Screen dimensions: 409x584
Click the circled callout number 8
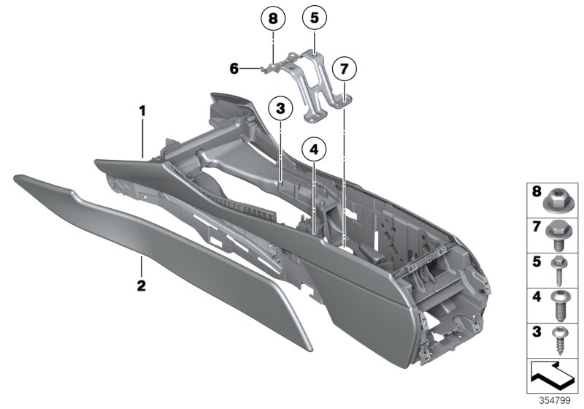pyautogui.click(x=273, y=19)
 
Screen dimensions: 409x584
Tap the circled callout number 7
pyautogui.click(x=343, y=70)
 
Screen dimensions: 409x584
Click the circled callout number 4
pyautogui.click(x=313, y=150)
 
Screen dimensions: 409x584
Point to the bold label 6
pyautogui.click(x=234, y=69)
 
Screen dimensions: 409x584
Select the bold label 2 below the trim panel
pyautogui.click(x=142, y=284)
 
